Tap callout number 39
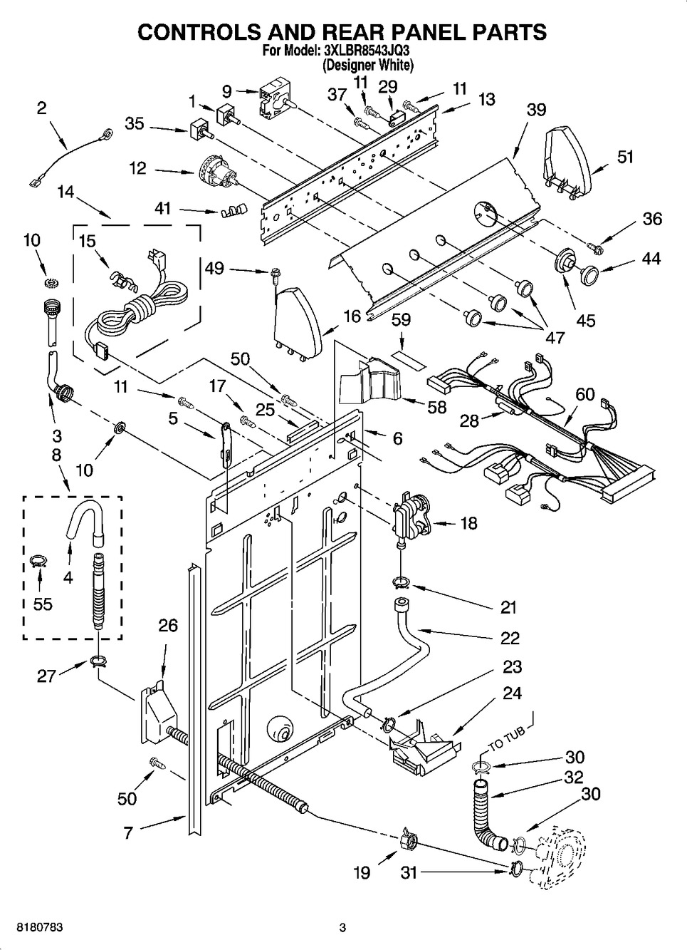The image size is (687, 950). click(536, 109)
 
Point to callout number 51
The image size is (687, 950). click(625, 156)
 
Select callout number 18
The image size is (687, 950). click(468, 523)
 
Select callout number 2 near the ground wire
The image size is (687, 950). click(41, 108)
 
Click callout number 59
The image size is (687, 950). click(401, 320)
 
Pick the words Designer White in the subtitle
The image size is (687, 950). click(367, 65)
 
